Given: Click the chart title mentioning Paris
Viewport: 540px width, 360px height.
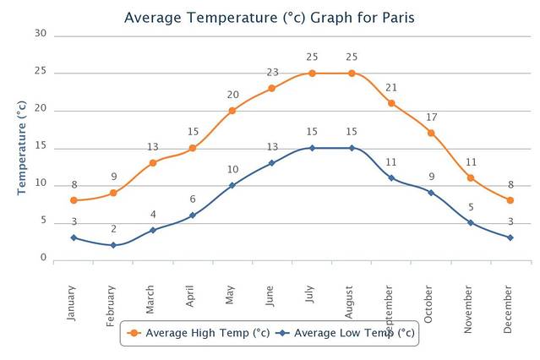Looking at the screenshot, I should [270, 17].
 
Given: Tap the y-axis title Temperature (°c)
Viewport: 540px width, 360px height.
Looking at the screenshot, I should [23, 148].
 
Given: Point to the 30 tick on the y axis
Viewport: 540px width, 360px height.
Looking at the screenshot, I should [40, 33].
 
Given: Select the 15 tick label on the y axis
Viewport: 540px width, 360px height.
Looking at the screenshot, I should [40, 147].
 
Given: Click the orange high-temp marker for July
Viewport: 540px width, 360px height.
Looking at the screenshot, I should [312, 74].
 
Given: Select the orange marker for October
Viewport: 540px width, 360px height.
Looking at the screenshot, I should [431, 133].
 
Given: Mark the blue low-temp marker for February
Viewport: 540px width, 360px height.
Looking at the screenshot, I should [113, 245].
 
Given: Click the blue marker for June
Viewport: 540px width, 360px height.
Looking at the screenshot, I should [272, 163].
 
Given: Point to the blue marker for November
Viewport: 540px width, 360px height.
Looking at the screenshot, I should [471, 223].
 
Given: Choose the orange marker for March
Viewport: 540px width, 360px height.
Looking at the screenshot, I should [153, 163].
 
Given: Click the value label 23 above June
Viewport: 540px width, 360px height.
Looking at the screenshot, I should [272, 72].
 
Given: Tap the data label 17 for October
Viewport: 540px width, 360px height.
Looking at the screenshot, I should [431, 117].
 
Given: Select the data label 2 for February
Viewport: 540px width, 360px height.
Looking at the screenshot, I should [113, 229].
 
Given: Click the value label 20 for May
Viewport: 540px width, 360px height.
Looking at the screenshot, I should [232, 95].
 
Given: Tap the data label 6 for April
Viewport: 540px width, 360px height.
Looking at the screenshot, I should [193, 199].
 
